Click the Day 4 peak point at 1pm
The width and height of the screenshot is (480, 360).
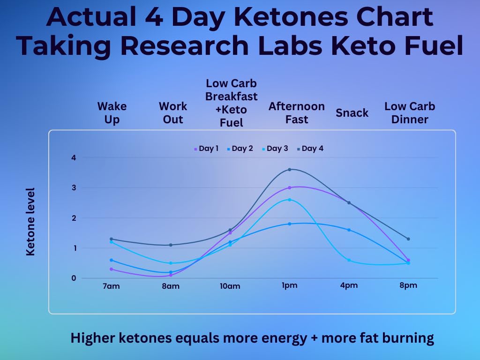[x=290, y=169]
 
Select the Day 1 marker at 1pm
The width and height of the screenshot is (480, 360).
[x=290, y=187]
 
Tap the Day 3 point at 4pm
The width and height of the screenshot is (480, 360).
[x=349, y=260]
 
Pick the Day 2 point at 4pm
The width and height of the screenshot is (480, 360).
[x=349, y=230]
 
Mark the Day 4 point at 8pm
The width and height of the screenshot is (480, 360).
[x=408, y=239]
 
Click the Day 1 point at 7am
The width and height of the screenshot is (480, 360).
[x=111, y=269]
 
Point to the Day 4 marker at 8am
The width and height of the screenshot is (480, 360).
[x=171, y=245]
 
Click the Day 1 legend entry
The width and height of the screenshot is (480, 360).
[x=206, y=149]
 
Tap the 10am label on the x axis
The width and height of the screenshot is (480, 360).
[x=230, y=286]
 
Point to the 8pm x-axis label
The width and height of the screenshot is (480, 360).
[x=408, y=285]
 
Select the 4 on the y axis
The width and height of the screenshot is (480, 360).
[x=73, y=157]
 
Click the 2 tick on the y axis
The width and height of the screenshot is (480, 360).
[x=73, y=218]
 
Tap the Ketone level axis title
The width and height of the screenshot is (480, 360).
[x=30, y=222]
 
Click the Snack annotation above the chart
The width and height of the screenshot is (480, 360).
[x=352, y=113]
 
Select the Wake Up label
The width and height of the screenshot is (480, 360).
[x=112, y=113]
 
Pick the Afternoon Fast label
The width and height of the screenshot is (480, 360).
[x=296, y=113]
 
